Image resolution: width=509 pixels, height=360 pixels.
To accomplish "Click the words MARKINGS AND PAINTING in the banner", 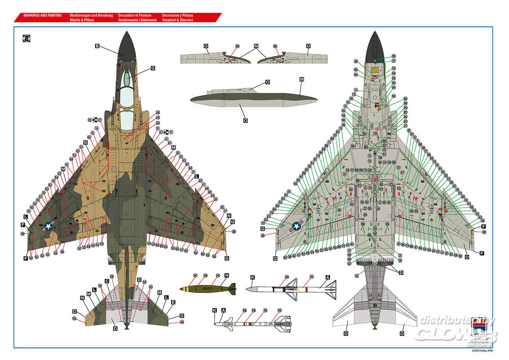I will pyautogui.click(x=43, y=15).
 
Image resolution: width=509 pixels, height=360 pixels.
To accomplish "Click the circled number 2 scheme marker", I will pyautogui.click(x=26, y=38).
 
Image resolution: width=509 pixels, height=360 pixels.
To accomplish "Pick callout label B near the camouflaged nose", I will pyautogui.click(x=97, y=46).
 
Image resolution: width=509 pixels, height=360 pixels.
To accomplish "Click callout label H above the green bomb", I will pyautogui.click(x=227, y=275).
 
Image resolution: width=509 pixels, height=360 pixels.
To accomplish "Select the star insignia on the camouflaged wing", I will pyautogui.click(x=48, y=227).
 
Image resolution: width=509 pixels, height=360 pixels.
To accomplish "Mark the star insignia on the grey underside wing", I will pyautogui.click(x=296, y=227).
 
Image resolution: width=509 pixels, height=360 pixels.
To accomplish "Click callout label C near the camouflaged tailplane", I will pyautogui.click(x=107, y=281).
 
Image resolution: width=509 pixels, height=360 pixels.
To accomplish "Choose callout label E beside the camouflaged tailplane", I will pyautogui.click(x=174, y=302).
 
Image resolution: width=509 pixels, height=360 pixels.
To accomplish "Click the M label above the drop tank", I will pyautogui.click(x=301, y=80).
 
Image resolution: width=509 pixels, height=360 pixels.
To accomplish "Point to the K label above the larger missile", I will pyautogui.click(x=251, y=278).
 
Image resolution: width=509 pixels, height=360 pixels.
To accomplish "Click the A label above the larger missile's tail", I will pyautogui.click(x=328, y=278).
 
